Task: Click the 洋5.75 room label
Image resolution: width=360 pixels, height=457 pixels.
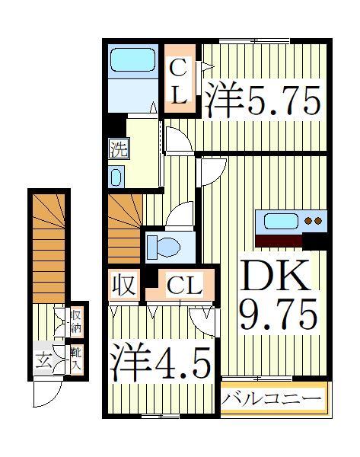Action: [261, 100]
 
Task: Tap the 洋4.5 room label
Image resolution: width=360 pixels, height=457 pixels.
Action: [159, 364]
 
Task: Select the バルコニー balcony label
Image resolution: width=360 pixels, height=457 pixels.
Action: [272, 398]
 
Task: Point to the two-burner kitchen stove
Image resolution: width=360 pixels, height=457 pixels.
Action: [313, 221]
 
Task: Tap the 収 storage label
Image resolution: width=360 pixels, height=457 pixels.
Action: [125, 286]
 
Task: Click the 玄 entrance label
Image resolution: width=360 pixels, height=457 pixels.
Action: [44, 361]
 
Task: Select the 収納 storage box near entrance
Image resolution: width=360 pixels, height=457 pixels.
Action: [77, 321]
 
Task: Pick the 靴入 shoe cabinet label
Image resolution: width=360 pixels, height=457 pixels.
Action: [77, 358]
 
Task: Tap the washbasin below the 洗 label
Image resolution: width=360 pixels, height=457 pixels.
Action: [116, 177]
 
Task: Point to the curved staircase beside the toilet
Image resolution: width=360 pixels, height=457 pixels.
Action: [123, 228]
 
